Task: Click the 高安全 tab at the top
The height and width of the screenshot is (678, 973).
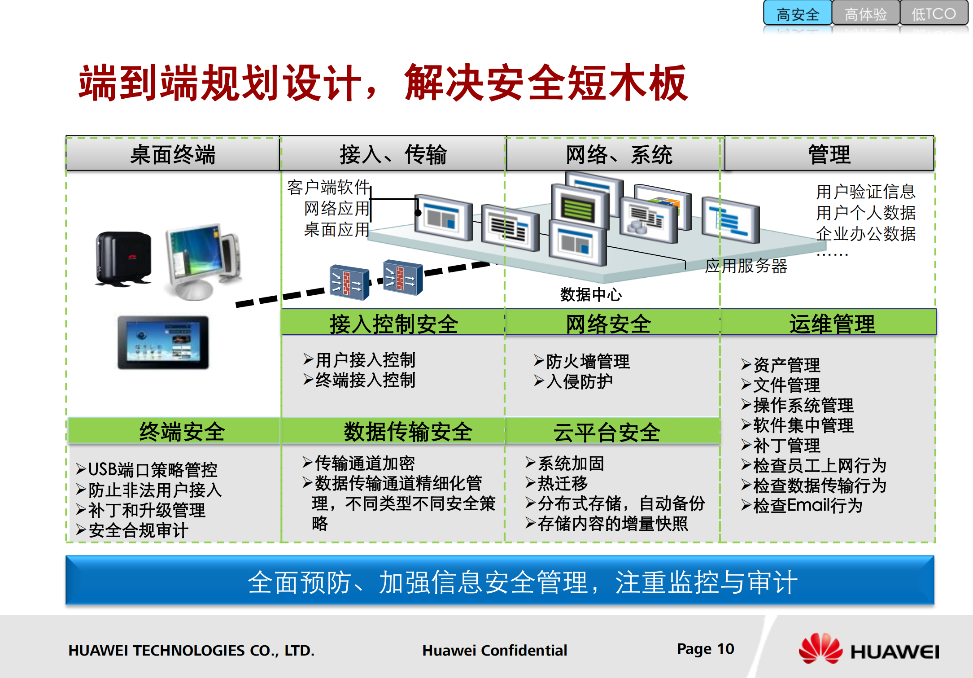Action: pos(798,14)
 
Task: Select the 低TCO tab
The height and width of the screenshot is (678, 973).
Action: pos(933,14)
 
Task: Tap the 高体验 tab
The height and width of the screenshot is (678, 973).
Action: pos(865,14)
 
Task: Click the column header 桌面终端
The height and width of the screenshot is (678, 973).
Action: pos(173,155)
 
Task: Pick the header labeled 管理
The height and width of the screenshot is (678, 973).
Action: pos(829,155)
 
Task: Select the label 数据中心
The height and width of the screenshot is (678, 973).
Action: pos(591,295)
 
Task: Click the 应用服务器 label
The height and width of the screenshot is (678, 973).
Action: pos(746,266)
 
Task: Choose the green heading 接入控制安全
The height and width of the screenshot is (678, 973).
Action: pos(393,324)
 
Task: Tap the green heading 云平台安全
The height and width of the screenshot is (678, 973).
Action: pos(606,432)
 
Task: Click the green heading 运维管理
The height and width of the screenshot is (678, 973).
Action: pos(832,324)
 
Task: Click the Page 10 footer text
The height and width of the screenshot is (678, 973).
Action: pos(705,649)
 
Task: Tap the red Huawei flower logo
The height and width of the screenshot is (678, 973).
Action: pos(820,648)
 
